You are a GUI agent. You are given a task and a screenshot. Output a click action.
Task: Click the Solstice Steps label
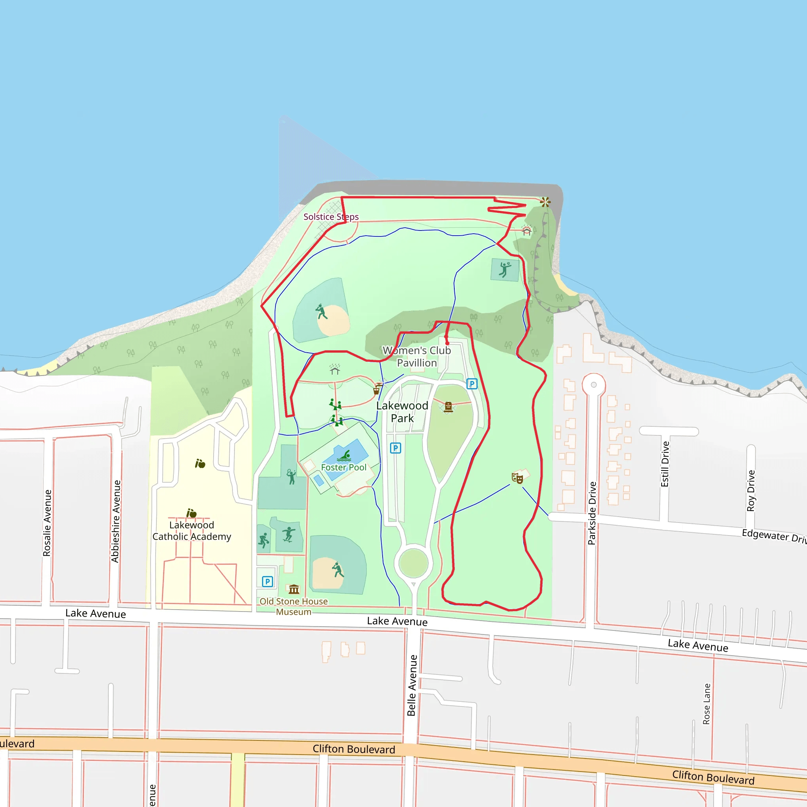(331, 217)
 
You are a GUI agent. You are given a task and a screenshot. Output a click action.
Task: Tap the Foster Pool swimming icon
(345, 455)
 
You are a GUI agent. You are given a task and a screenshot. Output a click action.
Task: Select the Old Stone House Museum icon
(294, 589)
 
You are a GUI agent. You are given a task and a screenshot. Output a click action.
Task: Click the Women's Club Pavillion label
(417, 356)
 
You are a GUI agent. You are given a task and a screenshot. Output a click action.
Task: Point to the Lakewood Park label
(402, 412)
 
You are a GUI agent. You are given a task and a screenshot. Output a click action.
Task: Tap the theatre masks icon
(517, 478)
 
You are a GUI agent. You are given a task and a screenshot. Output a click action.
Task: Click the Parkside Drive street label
(592, 513)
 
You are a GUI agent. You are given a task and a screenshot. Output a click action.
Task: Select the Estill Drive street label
(665, 464)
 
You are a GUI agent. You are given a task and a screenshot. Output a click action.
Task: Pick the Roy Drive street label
(751, 491)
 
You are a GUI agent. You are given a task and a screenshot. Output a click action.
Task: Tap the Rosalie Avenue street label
(47, 523)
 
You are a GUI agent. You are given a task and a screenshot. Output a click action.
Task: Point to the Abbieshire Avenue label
(115, 521)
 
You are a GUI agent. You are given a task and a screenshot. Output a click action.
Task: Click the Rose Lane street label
(707, 704)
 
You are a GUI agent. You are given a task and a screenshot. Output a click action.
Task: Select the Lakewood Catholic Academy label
(192, 531)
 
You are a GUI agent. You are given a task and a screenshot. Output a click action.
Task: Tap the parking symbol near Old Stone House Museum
(267, 582)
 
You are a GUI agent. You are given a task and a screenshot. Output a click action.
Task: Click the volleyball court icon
(505, 270)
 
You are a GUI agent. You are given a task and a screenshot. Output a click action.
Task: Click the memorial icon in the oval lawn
(448, 407)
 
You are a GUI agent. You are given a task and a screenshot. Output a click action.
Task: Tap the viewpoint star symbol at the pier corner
(545, 202)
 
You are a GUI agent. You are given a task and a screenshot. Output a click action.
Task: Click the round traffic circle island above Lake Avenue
(413, 563)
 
